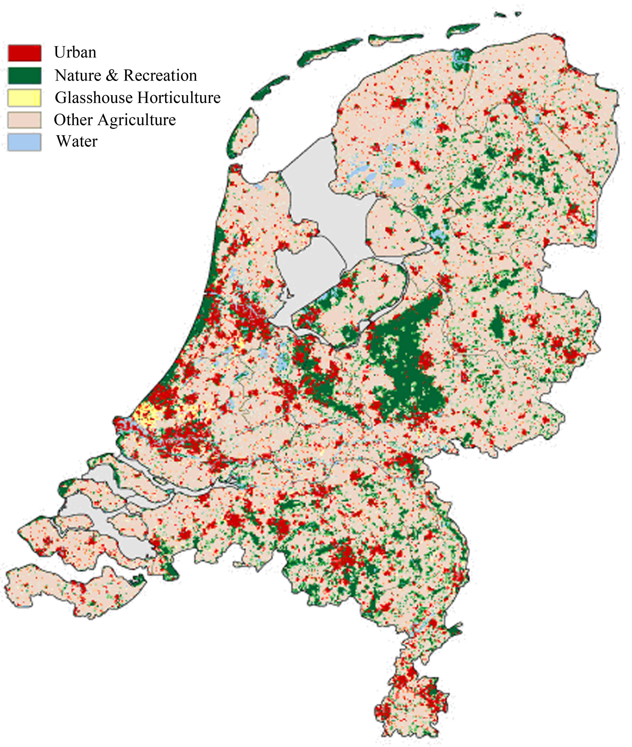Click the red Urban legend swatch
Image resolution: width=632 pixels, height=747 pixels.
click(24, 53)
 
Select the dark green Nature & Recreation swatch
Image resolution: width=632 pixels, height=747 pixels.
click(24, 75)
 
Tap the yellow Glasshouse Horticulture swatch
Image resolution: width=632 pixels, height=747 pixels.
click(24, 97)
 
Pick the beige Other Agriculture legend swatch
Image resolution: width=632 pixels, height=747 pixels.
click(24, 120)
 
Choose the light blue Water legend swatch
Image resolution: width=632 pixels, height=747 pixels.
click(24, 142)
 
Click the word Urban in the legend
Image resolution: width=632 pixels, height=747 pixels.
click(75, 52)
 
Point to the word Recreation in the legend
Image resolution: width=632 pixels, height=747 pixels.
click(160, 75)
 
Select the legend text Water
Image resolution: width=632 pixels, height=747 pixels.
click(77, 142)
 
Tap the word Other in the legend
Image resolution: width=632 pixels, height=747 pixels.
click(74, 120)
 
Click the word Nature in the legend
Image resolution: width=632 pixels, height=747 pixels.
click(78, 75)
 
